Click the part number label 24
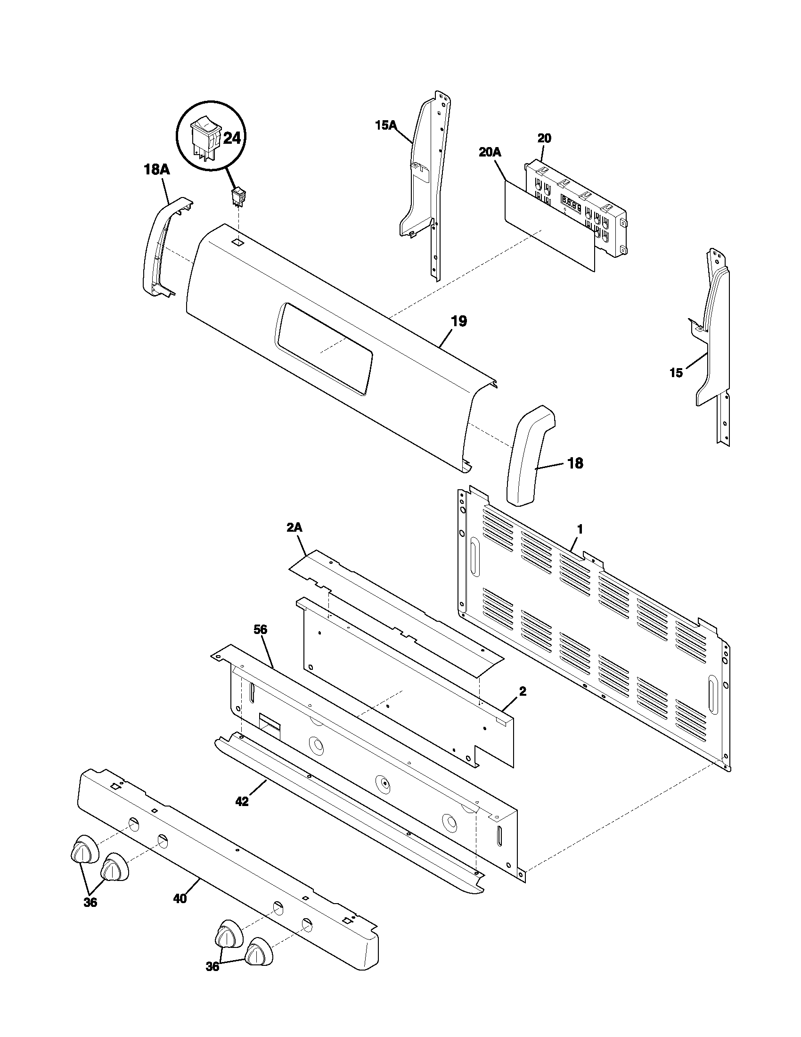pyautogui.click(x=232, y=139)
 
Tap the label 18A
pyautogui.click(x=156, y=170)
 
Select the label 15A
pyautogui.click(x=386, y=125)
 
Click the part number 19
pyautogui.click(x=458, y=321)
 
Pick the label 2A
pyautogui.click(x=294, y=527)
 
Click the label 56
pyautogui.click(x=261, y=630)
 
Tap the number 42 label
pyautogui.click(x=242, y=801)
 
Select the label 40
pyautogui.click(x=180, y=898)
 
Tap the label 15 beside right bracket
pyautogui.click(x=676, y=373)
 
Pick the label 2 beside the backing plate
pyautogui.click(x=522, y=692)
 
